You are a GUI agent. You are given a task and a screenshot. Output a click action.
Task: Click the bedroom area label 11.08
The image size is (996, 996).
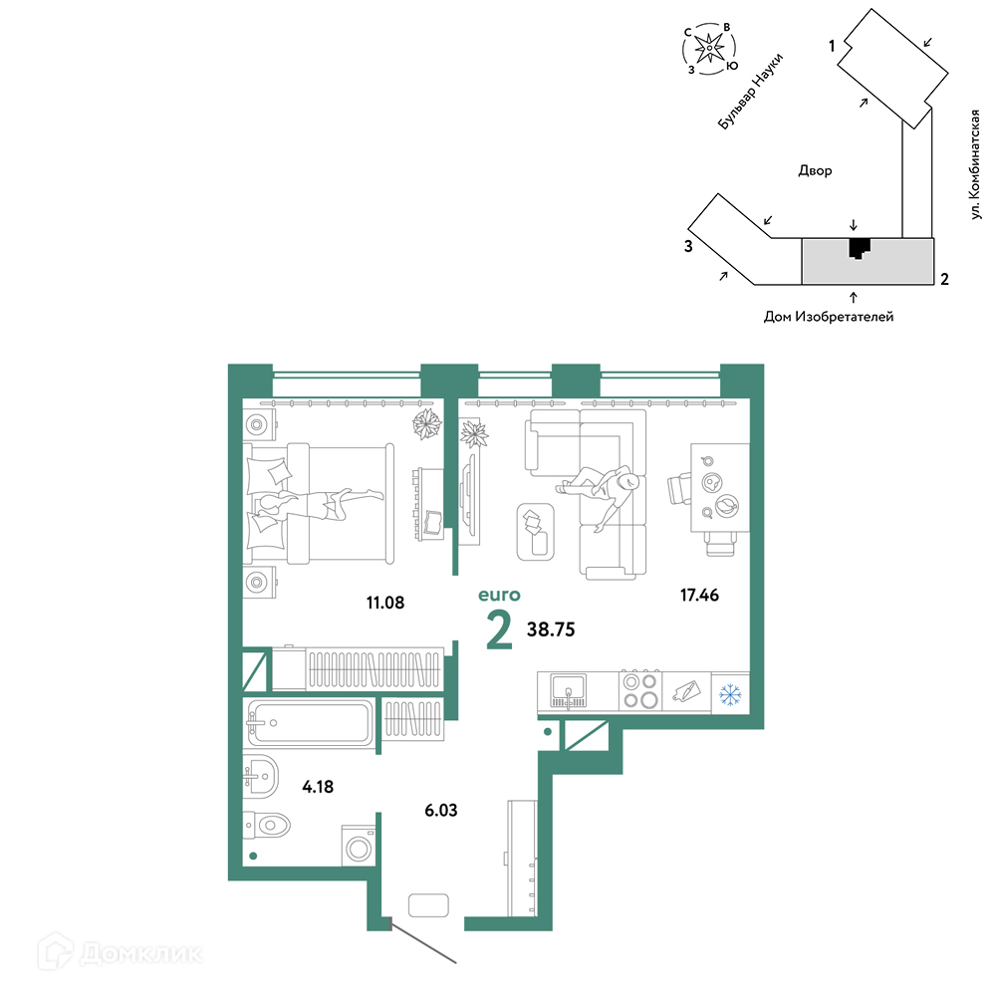[384, 603]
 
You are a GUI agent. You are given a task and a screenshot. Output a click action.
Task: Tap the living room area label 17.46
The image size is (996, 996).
[699, 595]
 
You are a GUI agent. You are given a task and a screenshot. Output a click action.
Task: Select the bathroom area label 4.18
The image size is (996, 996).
[318, 787]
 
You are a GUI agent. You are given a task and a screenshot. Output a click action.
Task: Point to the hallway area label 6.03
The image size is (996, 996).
[441, 810]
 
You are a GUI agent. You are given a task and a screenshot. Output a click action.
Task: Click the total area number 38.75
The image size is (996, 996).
[551, 629]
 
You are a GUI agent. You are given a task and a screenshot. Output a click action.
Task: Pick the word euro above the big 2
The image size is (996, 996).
[499, 596]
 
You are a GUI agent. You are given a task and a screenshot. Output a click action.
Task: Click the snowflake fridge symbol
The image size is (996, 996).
[730, 694]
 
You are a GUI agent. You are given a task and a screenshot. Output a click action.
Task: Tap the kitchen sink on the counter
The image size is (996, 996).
[568, 690]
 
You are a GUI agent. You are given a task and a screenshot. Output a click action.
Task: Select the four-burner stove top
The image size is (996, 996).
[640, 690]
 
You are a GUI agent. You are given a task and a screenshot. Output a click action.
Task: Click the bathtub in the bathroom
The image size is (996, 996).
[310, 723]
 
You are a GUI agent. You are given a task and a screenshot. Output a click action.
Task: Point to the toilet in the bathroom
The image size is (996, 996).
[267, 826]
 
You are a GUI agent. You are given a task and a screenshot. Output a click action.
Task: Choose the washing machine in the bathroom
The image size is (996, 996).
[359, 846]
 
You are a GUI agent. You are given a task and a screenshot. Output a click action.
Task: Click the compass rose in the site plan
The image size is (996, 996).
[709, 48]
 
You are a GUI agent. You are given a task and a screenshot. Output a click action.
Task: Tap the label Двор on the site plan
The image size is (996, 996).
[815, 170]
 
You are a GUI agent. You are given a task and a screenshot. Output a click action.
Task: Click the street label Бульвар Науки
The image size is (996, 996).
[750, 92]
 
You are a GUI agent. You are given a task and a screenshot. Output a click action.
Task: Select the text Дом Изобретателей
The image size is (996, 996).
[829, 317]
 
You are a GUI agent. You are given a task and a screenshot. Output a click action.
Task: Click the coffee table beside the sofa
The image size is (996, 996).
[536, 532]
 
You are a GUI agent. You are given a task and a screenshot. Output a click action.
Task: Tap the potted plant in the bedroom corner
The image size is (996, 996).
[427, 424]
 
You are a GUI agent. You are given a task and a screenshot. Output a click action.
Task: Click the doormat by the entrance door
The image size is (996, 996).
[428, 905]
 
